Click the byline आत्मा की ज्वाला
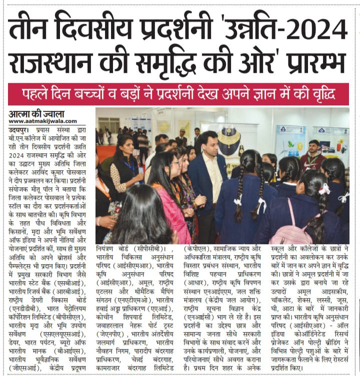[34, 114]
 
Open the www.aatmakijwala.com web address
[43, 121]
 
